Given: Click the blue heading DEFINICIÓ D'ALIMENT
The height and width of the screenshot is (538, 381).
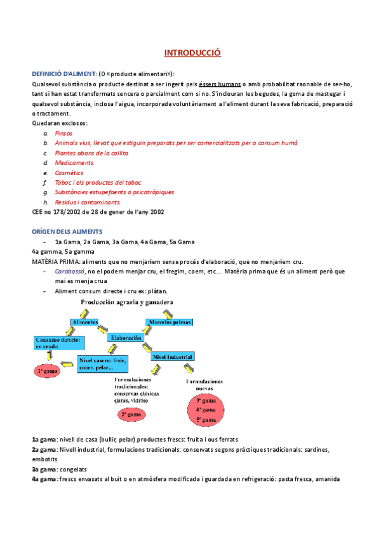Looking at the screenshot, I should [x=63, y=74].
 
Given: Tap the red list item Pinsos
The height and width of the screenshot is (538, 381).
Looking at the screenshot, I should [x=63, y=133].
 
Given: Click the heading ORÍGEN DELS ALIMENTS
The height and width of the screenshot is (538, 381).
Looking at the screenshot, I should [x=67, y=232].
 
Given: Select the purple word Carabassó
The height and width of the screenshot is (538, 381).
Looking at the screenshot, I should [x=70, y=271].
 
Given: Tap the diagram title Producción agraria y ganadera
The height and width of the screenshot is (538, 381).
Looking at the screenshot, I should [x=128, y=303].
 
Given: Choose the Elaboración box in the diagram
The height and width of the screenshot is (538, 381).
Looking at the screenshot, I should [x=126, y=338].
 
